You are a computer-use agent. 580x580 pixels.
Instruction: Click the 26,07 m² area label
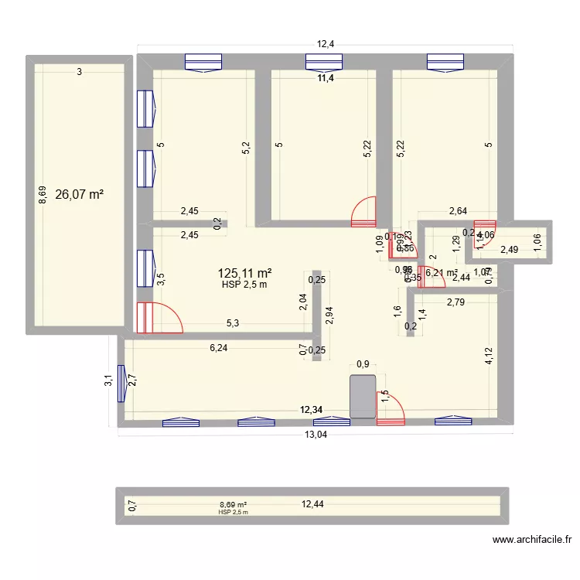(x=80, y=195)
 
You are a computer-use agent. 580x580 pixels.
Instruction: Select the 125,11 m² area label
(x=245, y=273)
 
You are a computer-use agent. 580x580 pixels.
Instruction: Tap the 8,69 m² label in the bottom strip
(x=233, y=503)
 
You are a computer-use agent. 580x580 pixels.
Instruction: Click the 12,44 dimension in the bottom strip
(x=313, y=504)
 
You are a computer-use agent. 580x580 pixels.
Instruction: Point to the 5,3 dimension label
(x=232, y=324)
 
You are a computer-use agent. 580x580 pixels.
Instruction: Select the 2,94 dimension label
(x=330, y=316)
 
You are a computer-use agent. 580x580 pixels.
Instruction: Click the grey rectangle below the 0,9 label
(x=363, y=397)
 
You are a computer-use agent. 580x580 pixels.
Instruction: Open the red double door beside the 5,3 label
(x=159, y=317)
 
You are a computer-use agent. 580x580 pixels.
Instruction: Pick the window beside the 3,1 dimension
(x=121, y=384)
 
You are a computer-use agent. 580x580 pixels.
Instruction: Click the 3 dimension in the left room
(x=79, y=72)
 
